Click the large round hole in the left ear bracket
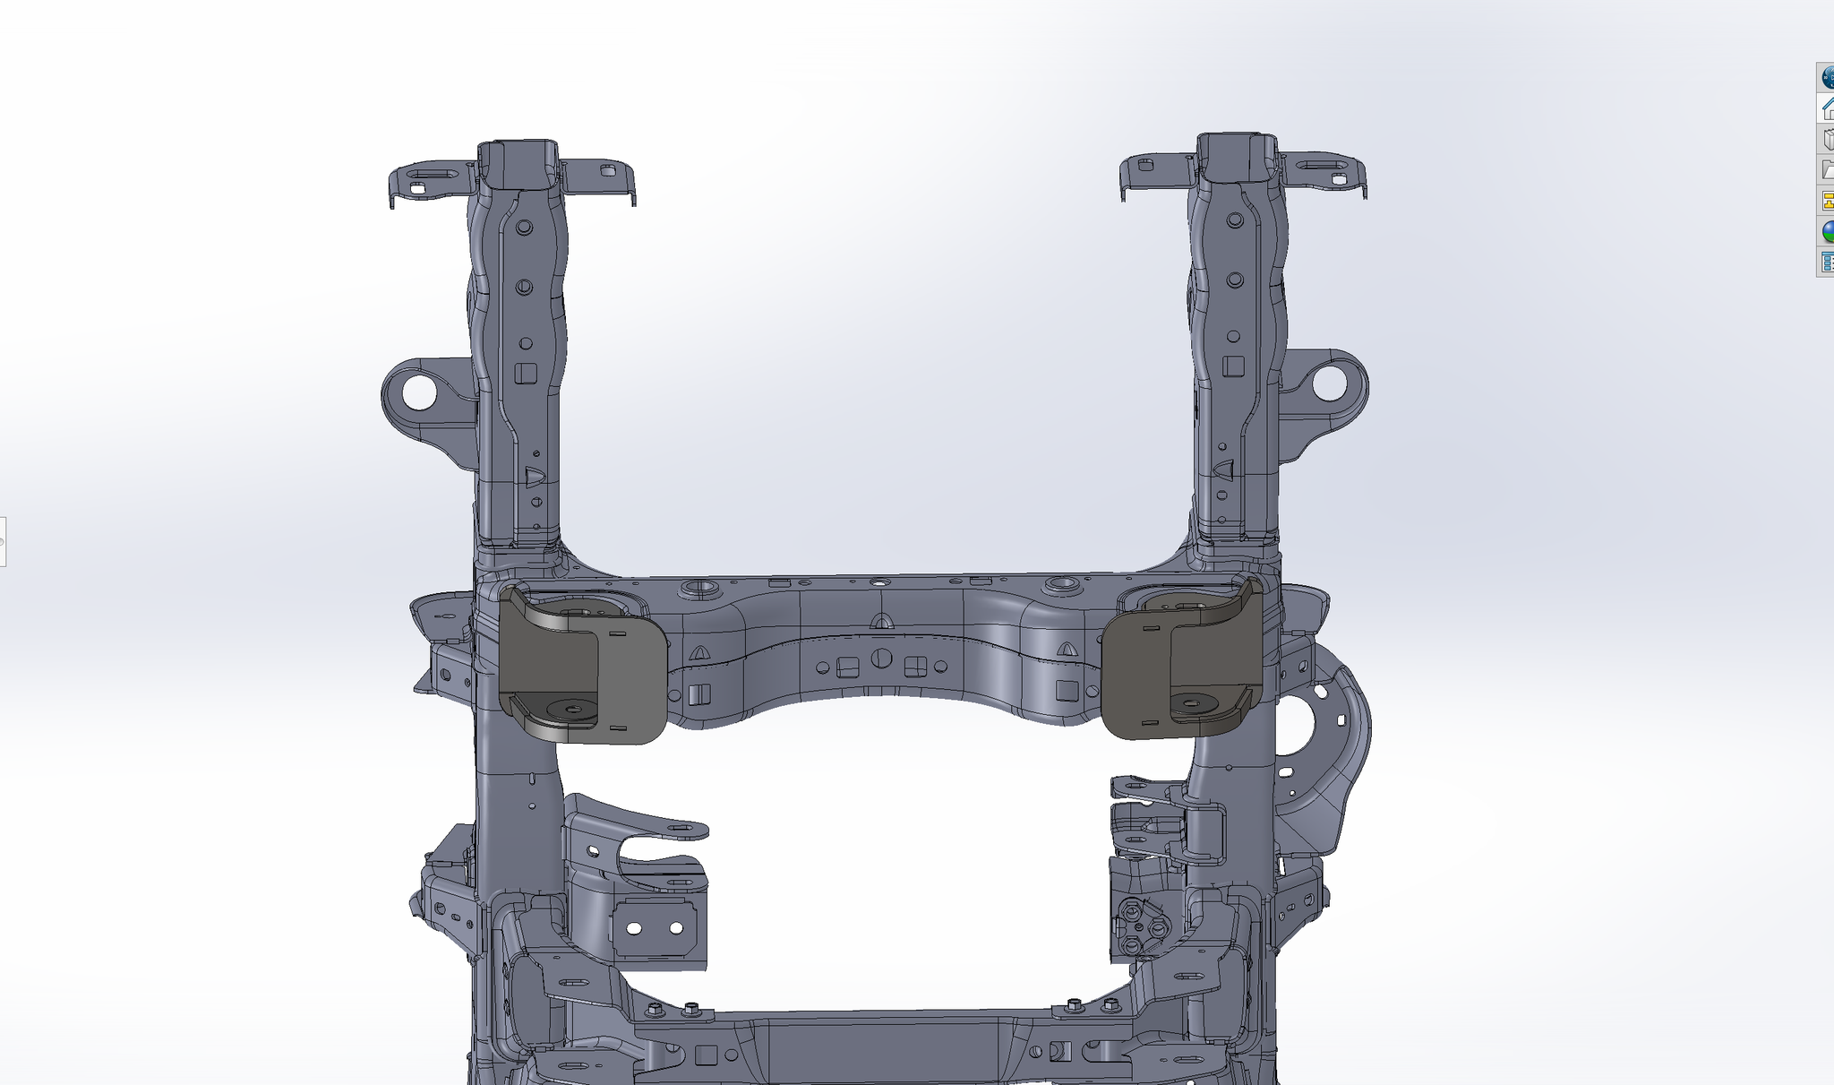(x=417, y=392)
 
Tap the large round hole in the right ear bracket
(x=1330, y=383)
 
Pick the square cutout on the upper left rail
(x=526, y=373)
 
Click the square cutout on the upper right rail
(x=1234, y=366)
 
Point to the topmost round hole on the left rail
(x=524, y=227)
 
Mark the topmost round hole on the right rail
(x=1235, y=220)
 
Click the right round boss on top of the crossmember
(x=1063, y=584)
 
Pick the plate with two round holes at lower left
(x=656, y=928)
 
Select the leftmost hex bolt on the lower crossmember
(x=654, y=1010)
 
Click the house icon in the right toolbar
(x=1827, y=108)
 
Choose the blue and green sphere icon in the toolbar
(x=1827, y=231)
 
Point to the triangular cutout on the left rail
(x=534, y=477)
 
